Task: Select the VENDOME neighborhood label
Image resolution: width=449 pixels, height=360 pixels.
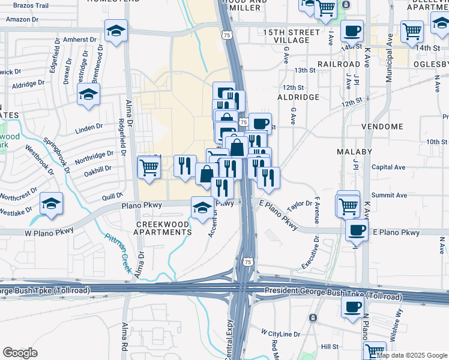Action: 382,127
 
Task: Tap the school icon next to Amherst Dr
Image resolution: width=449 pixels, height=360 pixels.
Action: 116,30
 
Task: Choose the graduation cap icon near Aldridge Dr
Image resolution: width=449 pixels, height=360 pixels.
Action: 88,94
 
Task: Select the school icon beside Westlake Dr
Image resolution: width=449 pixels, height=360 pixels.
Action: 52,205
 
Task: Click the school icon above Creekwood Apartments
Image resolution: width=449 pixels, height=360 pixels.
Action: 202,208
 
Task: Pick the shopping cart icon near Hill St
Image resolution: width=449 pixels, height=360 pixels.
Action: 375,351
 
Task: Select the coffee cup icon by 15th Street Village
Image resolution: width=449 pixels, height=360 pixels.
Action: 352,30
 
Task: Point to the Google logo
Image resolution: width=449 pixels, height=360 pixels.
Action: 20,353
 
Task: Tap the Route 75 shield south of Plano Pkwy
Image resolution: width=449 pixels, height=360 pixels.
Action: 249,262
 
